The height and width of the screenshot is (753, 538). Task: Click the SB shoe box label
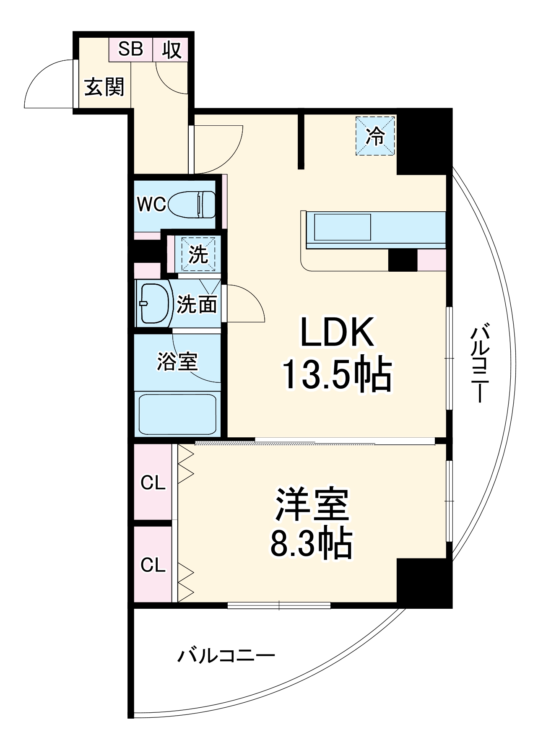(x=130, y=49)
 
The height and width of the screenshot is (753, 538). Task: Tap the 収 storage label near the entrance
(x=172, y=50)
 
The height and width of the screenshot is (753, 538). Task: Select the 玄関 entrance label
(x=104, y=87)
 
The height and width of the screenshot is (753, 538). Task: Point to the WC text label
(x=151, y=204)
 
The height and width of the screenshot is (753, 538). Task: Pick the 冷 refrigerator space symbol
(x=375, y=136)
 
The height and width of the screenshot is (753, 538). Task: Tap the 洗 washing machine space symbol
(x=198, y=254)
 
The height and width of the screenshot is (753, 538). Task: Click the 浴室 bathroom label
(x=177, y=361)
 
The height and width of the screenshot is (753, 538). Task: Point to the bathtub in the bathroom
(x=177, y=414)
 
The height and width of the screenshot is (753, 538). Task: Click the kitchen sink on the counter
(x=342, y=227)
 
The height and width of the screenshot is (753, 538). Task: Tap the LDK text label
(x=337, y=332)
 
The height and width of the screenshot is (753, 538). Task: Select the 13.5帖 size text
(x=337, y=374)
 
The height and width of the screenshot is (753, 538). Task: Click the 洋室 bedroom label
(x=312, y=504)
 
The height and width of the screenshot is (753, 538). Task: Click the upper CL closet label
(x=153, y=483)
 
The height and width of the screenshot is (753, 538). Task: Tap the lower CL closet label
(x=153, y=565)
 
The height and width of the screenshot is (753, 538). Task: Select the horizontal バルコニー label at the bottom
(x=226, y=655)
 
